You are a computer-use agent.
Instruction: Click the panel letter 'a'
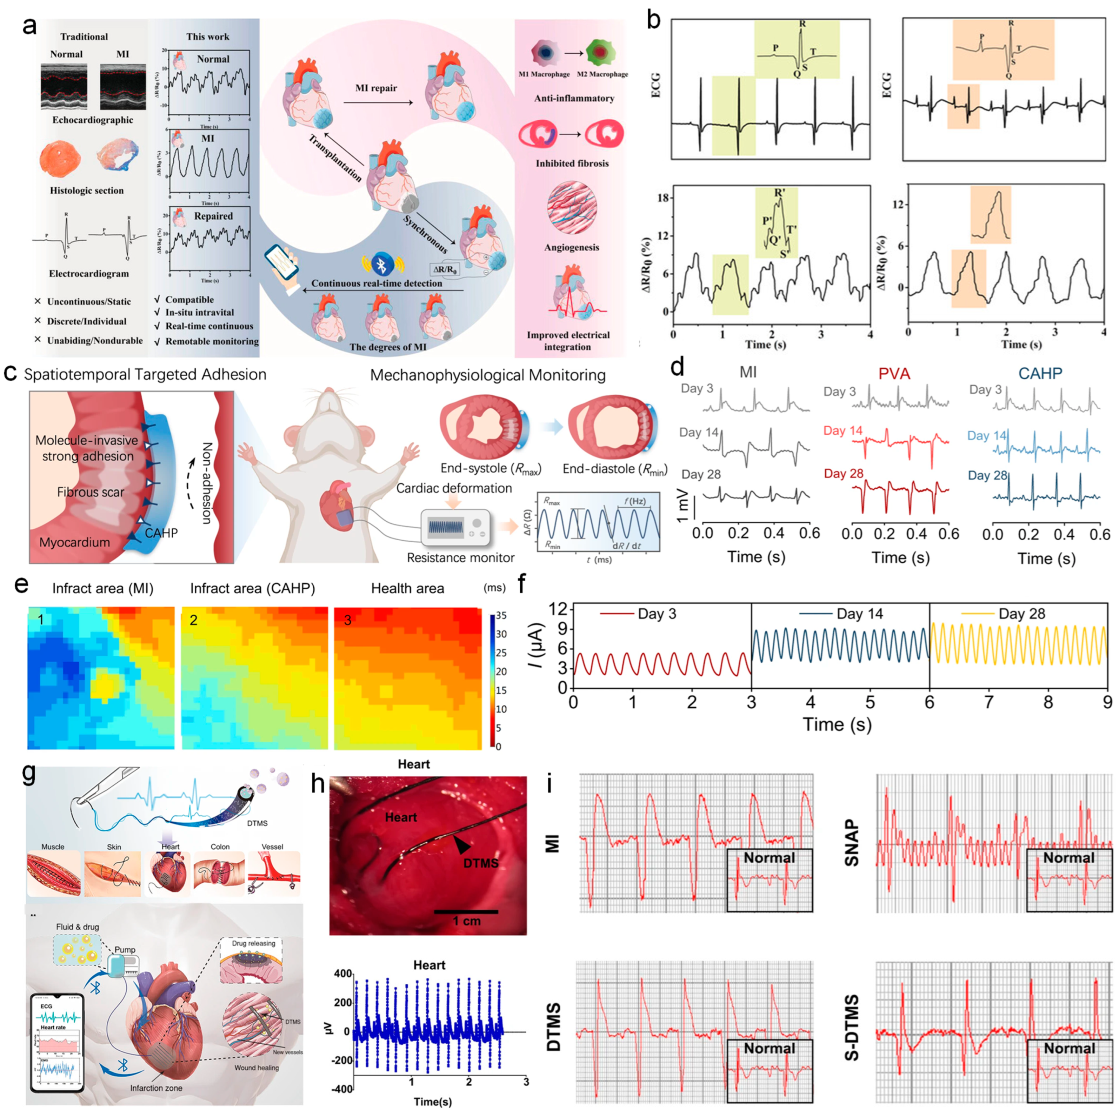29,26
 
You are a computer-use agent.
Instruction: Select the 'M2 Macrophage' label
602,74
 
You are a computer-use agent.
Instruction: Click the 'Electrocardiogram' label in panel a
89,273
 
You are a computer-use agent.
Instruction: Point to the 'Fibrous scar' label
90,492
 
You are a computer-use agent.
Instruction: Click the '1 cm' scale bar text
466,921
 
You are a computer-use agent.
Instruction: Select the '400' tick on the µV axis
343,974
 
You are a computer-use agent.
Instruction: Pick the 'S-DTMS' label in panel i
851,1027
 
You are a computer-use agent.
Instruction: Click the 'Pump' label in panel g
125,950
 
